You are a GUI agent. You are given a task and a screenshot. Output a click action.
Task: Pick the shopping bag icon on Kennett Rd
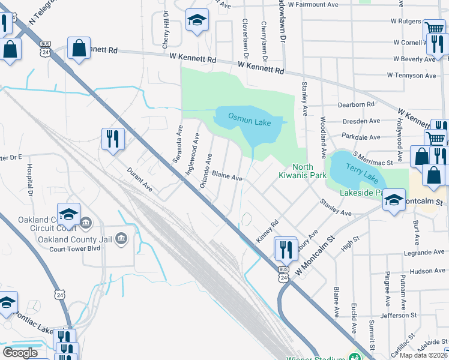point(79,48)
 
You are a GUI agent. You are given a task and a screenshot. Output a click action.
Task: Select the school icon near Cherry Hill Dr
point(197,20)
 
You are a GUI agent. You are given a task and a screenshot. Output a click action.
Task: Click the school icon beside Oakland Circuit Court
point(69,213)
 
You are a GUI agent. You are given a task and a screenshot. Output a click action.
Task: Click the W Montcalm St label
point(313,256)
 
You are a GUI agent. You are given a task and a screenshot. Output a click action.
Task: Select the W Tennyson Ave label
point(411,76)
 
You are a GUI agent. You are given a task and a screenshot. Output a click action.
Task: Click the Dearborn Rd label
point(356,104)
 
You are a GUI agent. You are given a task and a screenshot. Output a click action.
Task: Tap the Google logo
point(20,353)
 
